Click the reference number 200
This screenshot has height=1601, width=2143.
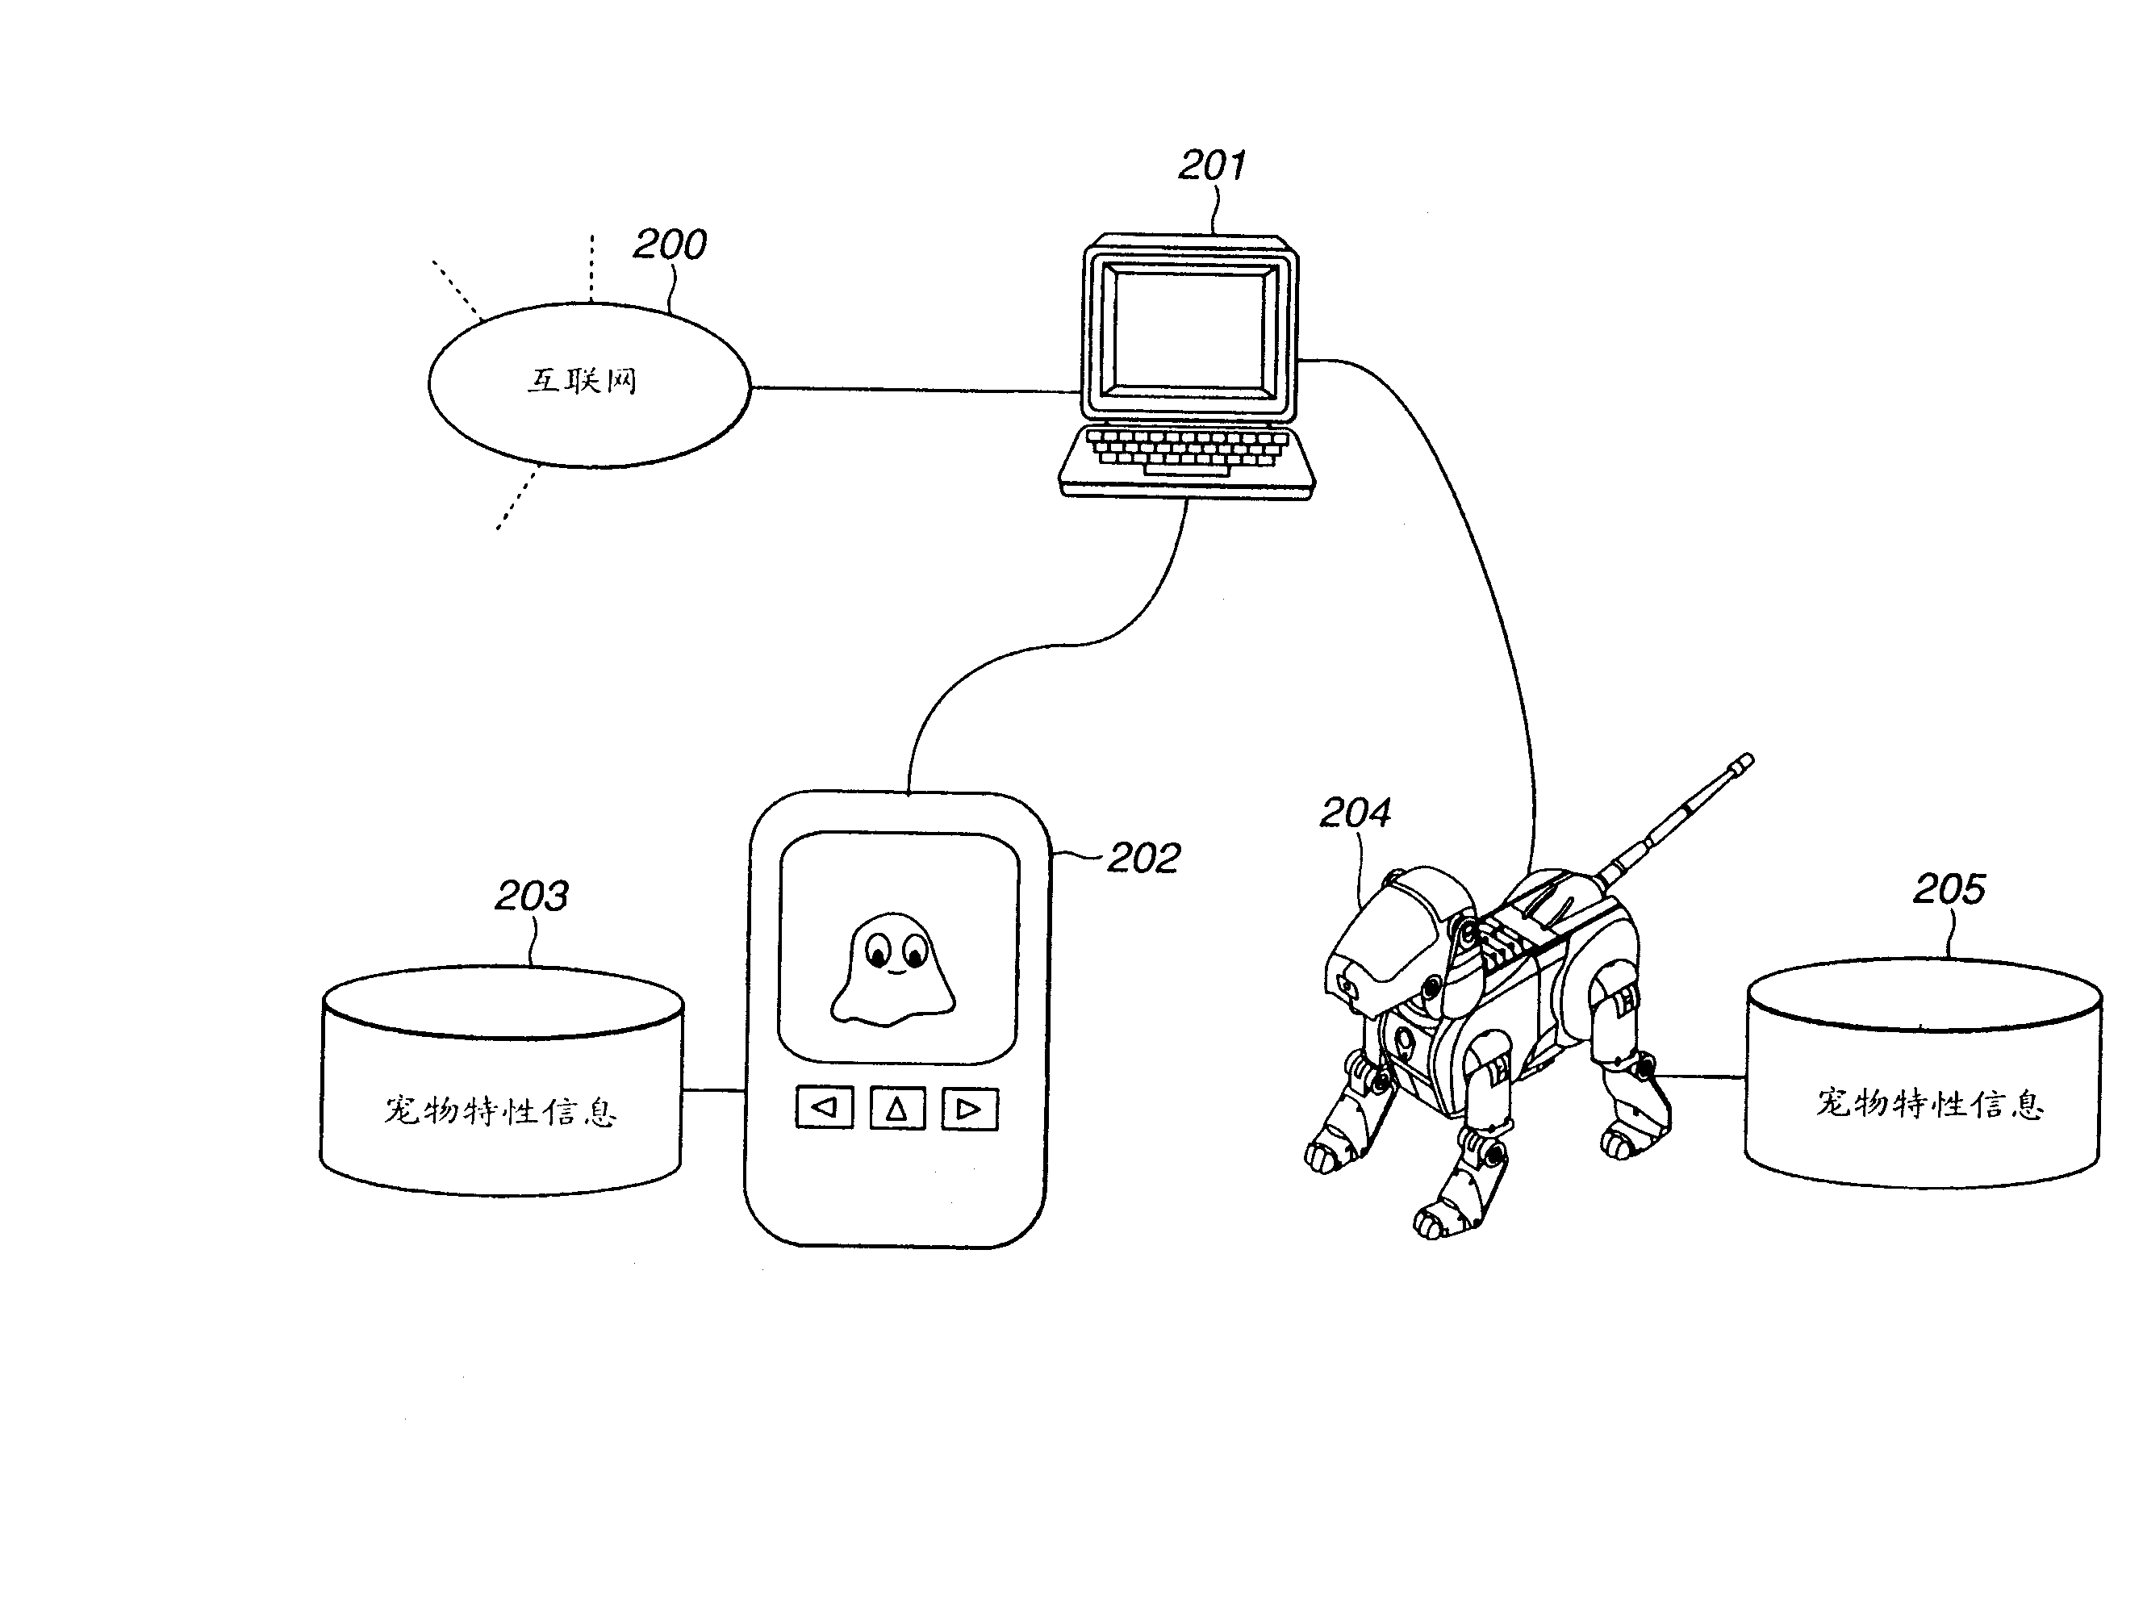click(x=670, y=245)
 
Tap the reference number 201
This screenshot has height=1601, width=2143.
click(x=1212, y=165)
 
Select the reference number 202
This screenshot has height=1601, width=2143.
click(x=1143, y=859)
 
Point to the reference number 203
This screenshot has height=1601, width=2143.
click(x=532, y=897)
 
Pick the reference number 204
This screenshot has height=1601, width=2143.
click(x=1355, y=813)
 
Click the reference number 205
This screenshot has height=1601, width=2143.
click(x=1949, y=888)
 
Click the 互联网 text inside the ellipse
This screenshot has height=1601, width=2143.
click(x=583, y=381)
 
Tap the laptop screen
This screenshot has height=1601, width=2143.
click(x=1188, y=329)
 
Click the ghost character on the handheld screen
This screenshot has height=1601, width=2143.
click(x=893, y=968)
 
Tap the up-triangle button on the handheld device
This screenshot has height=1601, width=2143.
click(x=897, y=1108)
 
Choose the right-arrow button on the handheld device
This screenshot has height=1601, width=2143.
click(x=970, y=1108)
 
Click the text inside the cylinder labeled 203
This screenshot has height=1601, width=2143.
click(x=500, y=1110)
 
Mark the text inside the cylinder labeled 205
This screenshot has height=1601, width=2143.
click(x=1930, y=1104)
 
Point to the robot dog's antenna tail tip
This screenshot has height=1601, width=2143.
click(x=1745, y=762)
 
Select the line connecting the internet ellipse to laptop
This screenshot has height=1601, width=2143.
click(x=916, y=390)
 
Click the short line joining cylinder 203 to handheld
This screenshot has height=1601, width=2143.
click(x=714, y=1090)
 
